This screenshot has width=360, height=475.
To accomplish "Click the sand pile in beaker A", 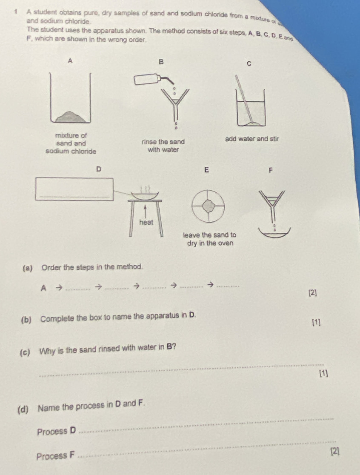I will pos(71,116).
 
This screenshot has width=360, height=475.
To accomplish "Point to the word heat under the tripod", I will pos(146,223).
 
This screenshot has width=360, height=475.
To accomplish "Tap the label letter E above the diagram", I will pos(206,171).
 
